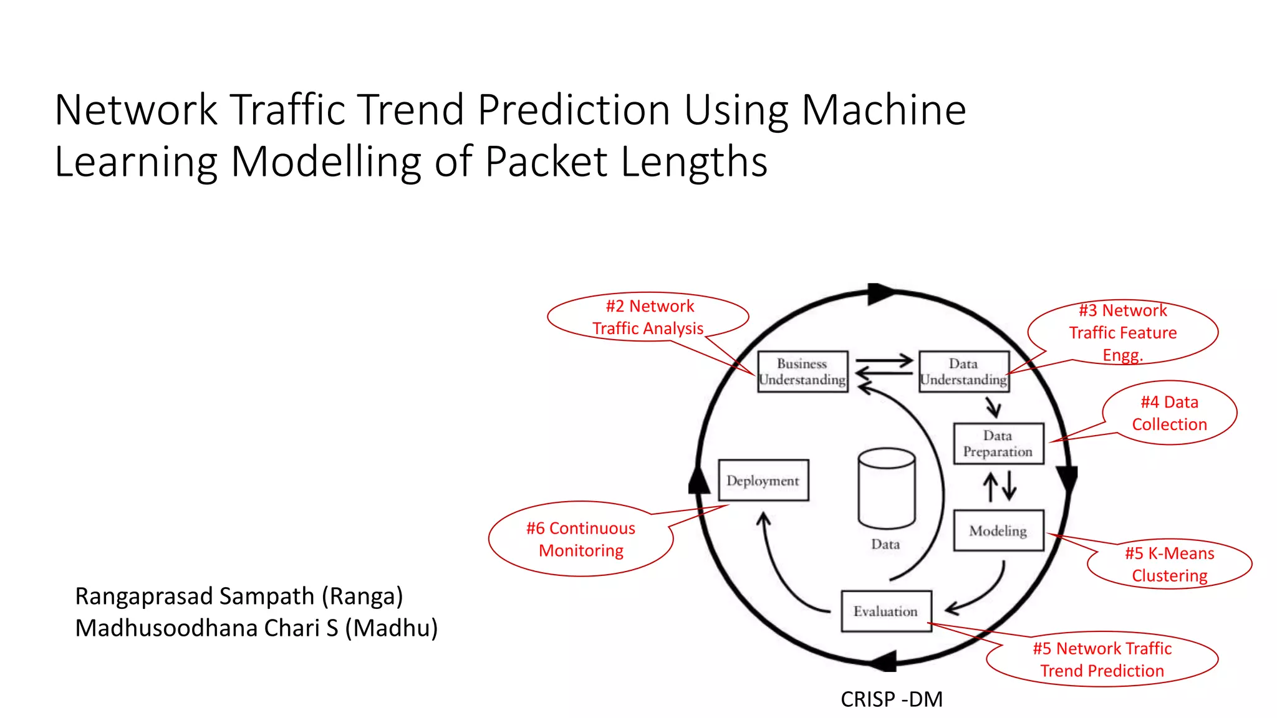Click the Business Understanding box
[x=802, y=372]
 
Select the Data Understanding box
[x=963, y=372]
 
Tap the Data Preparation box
[x=998, y=444]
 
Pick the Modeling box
[x=998, y=531]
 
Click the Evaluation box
[x=885, y=611]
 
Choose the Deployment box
[x=763, y=481]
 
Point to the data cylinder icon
[x=886, y=489]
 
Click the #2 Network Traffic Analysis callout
[x=648, y=317]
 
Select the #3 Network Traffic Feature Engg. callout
[x=1122, y=332]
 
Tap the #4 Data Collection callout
[x=1169, y=413]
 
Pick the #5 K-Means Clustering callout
[x=1169, y=564]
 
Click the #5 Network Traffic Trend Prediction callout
[x=1102, y=659]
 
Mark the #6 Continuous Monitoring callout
[x=581, y=539]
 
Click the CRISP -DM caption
[x=891, y=699]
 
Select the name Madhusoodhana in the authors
[x=166, y=628]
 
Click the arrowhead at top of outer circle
[x=879, y=294]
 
